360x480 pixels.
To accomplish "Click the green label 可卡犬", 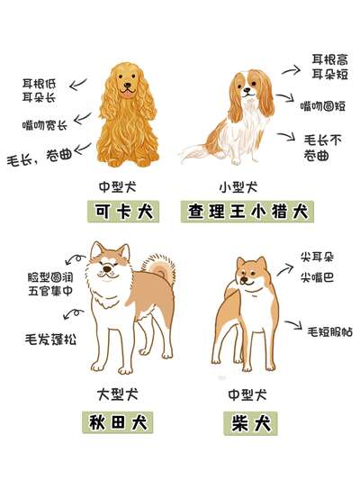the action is coord(123,212).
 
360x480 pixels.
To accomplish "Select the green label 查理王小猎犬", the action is coord(247,212).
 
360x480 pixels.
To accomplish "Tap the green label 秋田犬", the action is coord(118,422).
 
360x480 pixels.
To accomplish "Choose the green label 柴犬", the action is coord(250,423).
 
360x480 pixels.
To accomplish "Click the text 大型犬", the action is coord(118,394).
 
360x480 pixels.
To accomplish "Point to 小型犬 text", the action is coord(238,187).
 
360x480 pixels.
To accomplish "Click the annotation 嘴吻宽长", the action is coord(45,125).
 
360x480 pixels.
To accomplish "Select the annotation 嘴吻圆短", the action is coord(323,106).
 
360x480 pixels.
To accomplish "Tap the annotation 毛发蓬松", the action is coord(50,339).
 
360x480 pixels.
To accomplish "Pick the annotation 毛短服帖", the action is coord(330,331).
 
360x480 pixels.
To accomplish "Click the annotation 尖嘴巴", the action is coord(317,277).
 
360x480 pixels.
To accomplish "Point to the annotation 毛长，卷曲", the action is coord(40,157).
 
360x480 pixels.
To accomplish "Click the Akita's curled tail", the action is coord(160,267).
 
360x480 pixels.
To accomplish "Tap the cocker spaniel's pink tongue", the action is coord(127,94).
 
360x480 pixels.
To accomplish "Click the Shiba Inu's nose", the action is coord(244,279).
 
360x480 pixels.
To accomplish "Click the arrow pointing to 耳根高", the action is coord(292,70).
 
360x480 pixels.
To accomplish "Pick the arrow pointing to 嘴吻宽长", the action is coord(83,118).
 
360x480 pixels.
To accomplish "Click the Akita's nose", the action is coord(107,268).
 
